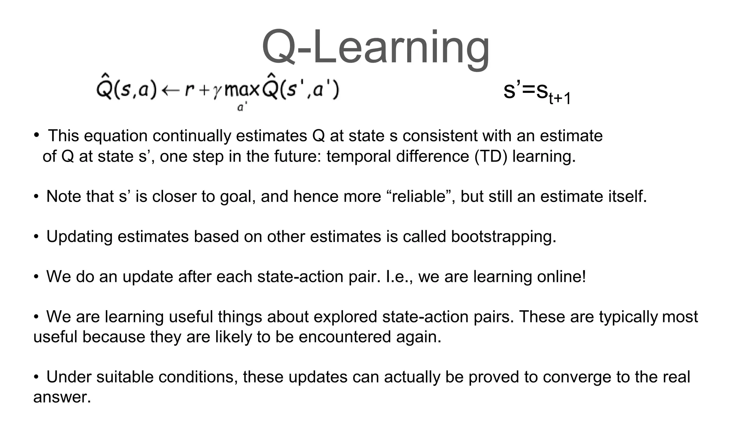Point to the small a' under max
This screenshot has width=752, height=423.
242,107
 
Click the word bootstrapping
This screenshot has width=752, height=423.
503,237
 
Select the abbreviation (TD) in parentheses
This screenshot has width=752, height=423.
491,156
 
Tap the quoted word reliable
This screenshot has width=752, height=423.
419,196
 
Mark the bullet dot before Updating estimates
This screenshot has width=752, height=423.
36,237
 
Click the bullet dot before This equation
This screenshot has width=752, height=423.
36,135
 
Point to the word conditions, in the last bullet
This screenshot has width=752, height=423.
198,377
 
